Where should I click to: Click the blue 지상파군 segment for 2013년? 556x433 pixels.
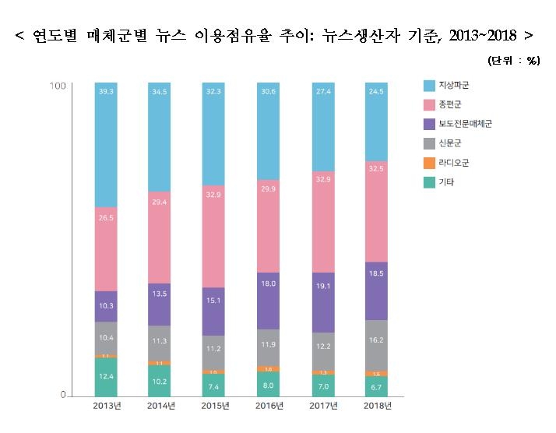coord(106,144)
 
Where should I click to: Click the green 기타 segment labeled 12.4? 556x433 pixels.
coord(106,377)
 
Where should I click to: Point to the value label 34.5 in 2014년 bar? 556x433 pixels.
coord(160,92)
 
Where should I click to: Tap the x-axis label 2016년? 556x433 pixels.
coord(268,406)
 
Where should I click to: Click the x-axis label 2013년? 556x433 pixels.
coord(106,406)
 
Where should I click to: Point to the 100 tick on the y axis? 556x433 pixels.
coord(57,86)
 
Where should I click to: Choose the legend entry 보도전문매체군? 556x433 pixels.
coord(465,123)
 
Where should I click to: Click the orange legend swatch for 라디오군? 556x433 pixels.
coord(429,163)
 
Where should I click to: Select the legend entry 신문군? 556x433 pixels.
coord(452,143)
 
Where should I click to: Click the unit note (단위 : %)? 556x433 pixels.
coord(514,61)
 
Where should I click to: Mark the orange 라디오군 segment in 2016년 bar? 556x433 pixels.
coord(268,368)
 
